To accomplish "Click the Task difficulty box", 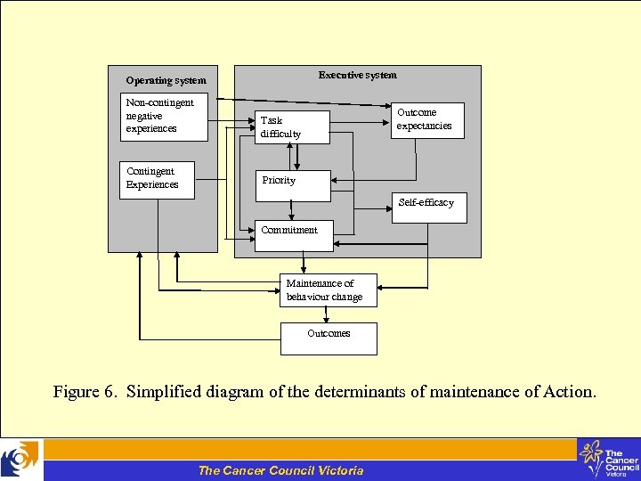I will pos(291,127).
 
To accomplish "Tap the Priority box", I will pos(291,184).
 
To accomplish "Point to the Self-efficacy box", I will pos(428,208).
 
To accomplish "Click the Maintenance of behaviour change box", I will pos(328,290).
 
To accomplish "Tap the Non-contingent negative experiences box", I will pos(163,117).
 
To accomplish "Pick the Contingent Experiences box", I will pos(157,180).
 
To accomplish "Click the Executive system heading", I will pos(358,76).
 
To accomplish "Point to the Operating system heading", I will pos(166,81).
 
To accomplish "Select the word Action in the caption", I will pos(565,392).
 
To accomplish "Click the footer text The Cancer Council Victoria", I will pos(280,470).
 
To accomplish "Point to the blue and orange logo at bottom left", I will pos(20,460).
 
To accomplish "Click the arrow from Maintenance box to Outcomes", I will pos(328,314).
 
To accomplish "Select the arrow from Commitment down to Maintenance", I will pos(304,262).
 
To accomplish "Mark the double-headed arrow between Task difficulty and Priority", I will pos(298,157).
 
